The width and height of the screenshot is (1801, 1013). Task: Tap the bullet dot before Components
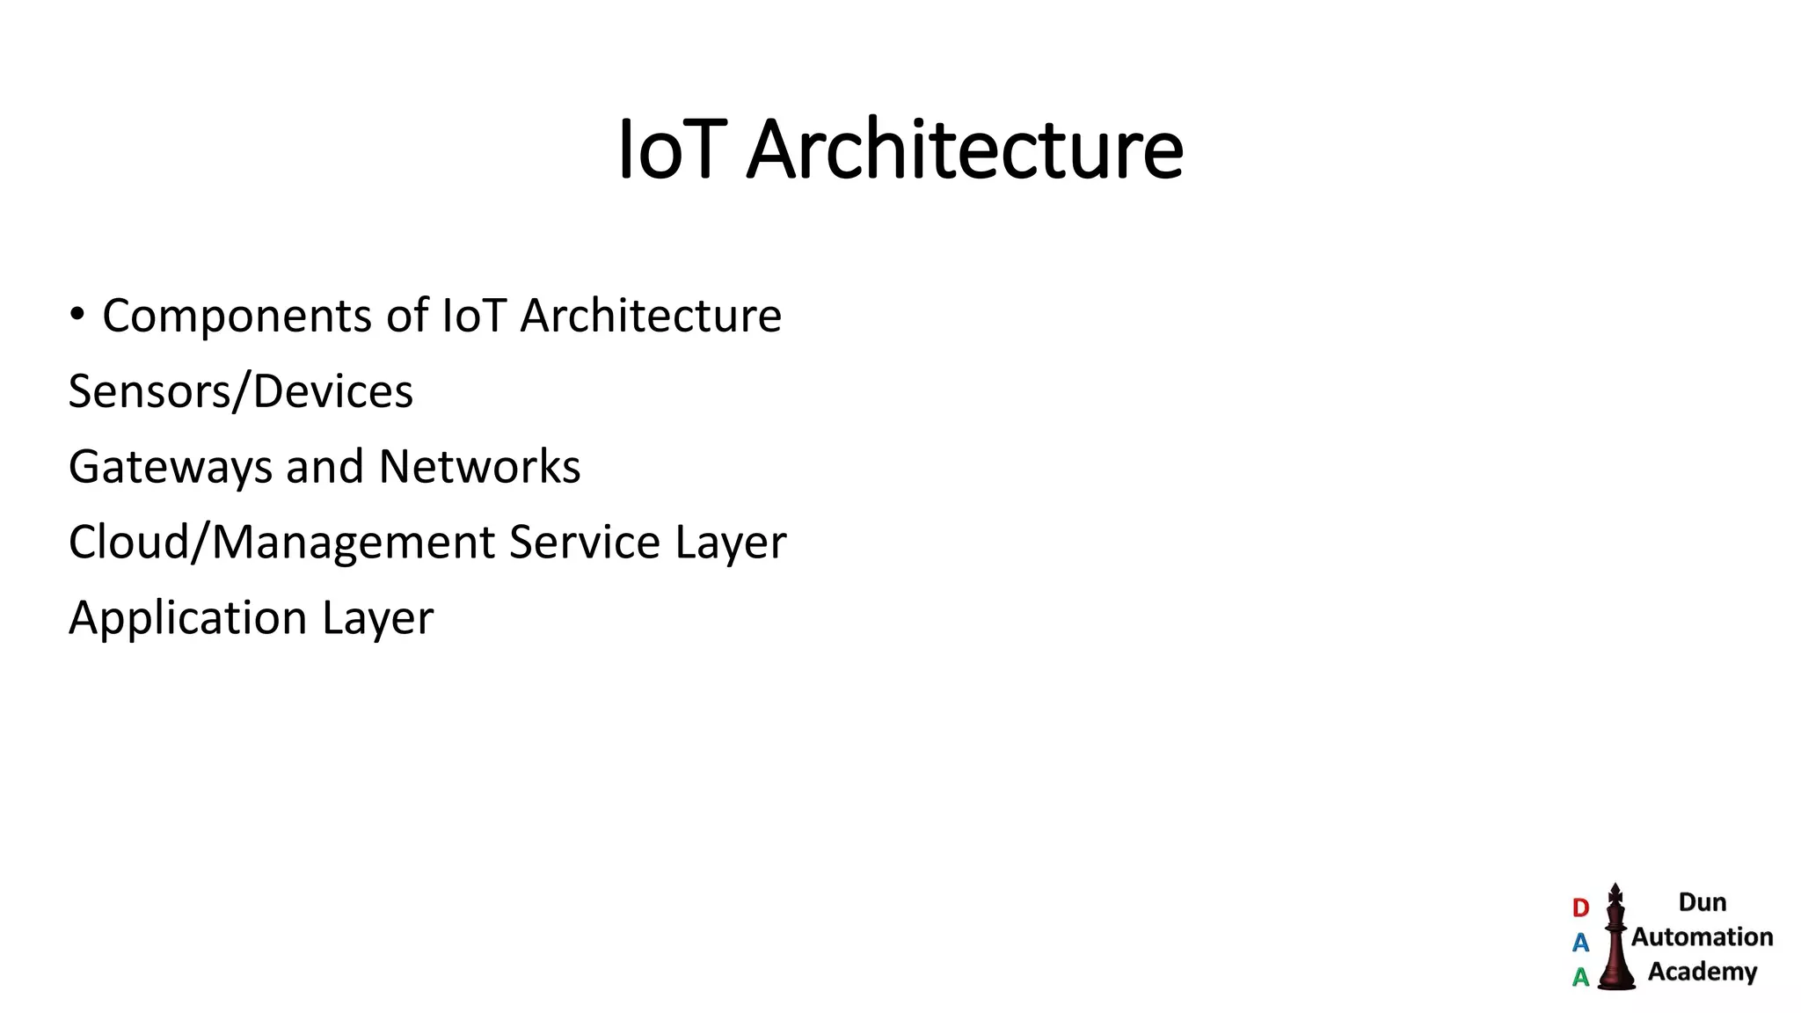coord(77,314)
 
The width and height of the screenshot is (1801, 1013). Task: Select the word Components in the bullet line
coord(237,317)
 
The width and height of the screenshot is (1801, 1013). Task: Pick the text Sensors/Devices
coord(240,391)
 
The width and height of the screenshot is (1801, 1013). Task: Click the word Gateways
coord(170,467)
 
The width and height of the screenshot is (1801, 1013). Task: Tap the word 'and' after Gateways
coord(324,466)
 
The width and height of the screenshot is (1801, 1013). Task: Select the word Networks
coord(479,466)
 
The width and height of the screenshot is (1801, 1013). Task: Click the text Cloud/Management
coord(281,543)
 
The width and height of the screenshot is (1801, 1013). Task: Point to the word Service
coord(584,542)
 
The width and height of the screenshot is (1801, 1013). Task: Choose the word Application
coord(187,618)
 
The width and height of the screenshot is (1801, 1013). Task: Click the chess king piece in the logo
coord(1615,939)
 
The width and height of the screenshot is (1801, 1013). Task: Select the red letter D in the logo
coord(1580,907)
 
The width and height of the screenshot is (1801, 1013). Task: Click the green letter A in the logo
coord(1580,977)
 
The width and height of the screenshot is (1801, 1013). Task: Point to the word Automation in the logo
coord(1702,937)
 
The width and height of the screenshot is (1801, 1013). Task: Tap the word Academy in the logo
coord(1702,972)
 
